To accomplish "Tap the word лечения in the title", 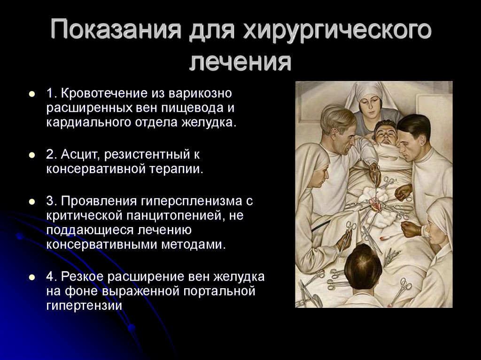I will click(240, 61).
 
